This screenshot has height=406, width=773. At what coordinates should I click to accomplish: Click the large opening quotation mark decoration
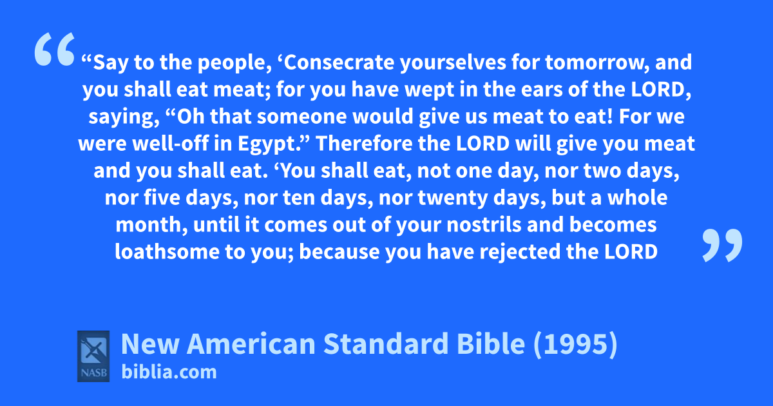[55, 49]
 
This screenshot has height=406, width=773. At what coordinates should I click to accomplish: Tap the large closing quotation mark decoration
[722, 245]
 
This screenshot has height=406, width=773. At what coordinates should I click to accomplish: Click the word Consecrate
[339, 62]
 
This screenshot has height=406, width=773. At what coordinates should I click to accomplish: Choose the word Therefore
[364, 143]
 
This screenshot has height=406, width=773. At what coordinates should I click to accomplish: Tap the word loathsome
[167, 251]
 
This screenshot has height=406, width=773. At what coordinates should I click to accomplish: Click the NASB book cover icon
[93, 356]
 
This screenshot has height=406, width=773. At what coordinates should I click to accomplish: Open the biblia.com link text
[169, 372]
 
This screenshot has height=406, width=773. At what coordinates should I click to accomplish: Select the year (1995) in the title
[575, 344]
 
